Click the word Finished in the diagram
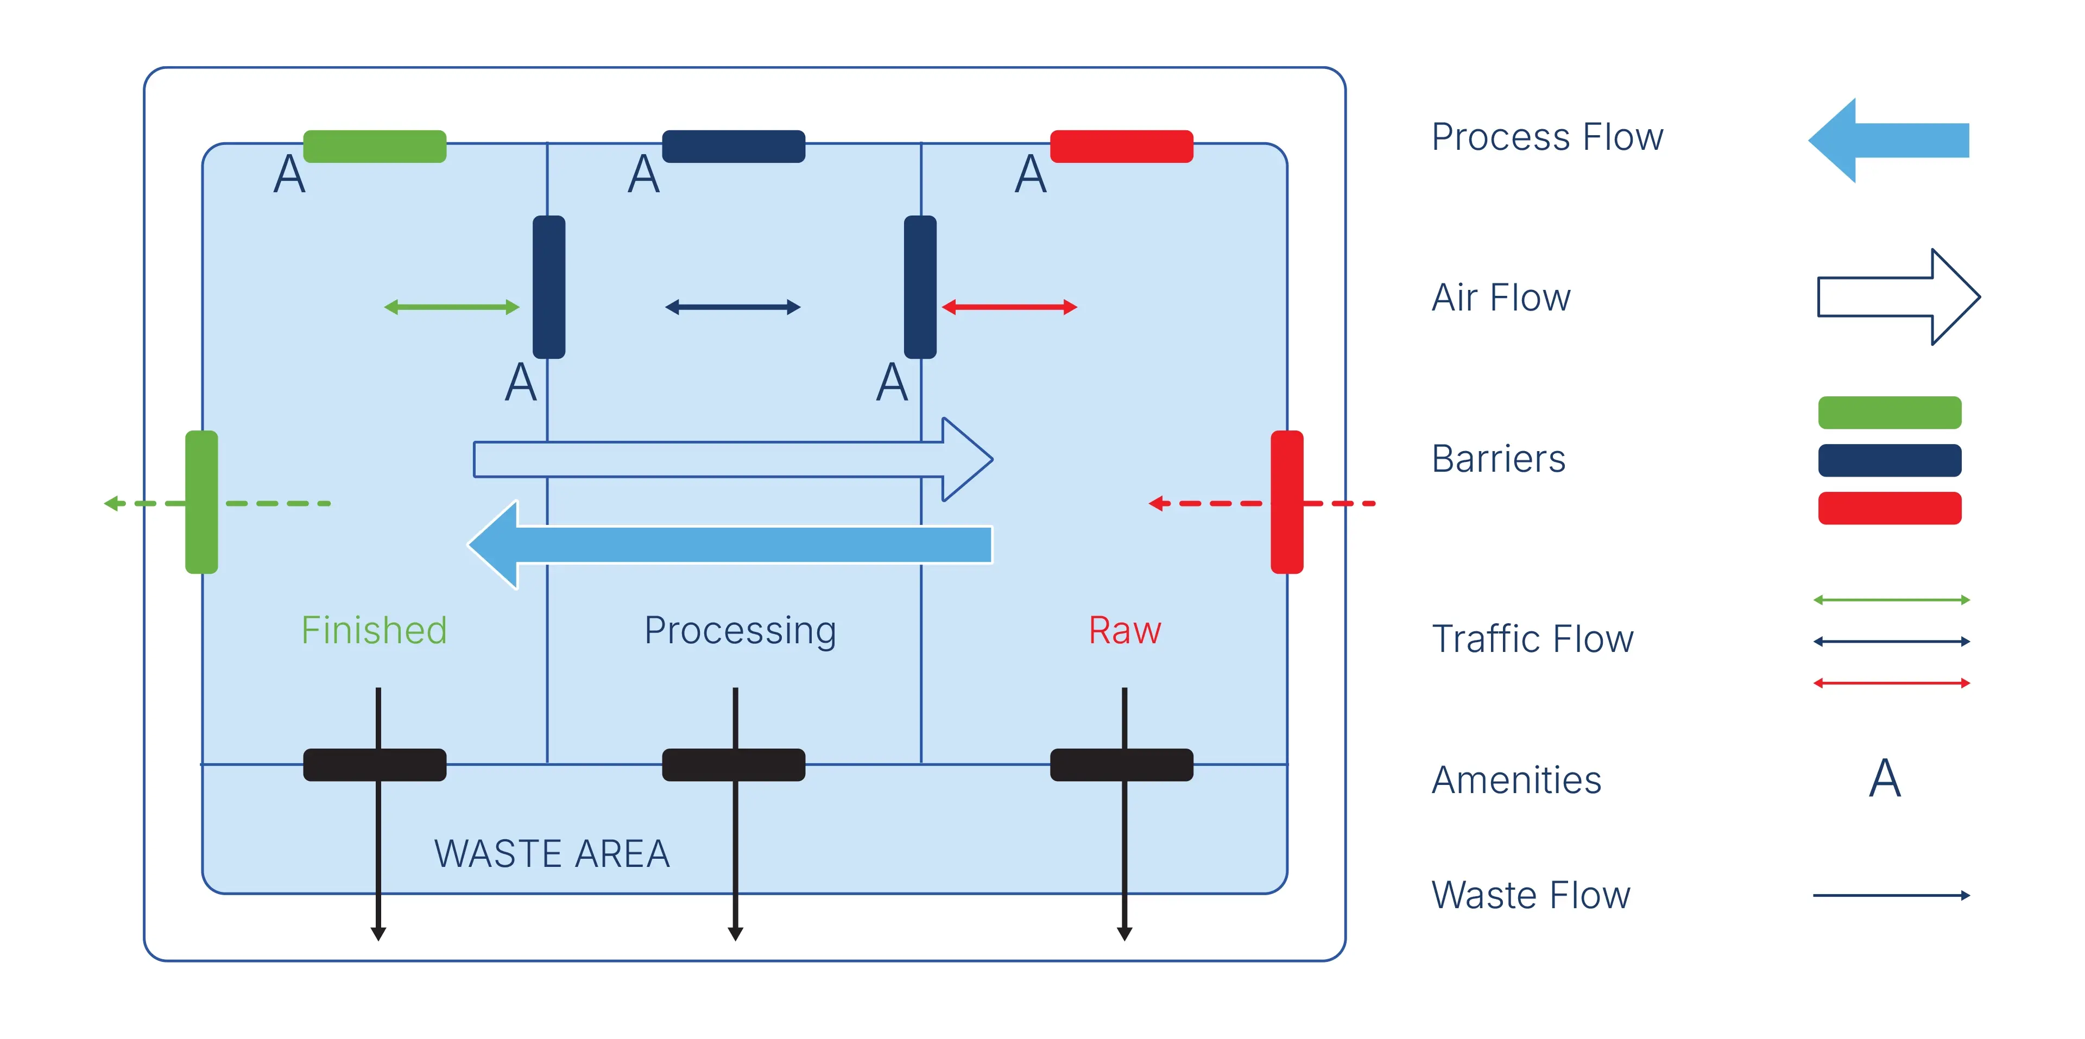pyautogui.click(x=374, y=630)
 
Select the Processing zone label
pyautogui.click(x=740, y=630)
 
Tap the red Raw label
pyautogui.click(x=1124, y=630)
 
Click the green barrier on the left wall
pyautogui.click(x=201, y=502)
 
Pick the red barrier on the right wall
pyautogui.click(x=1287, y=502)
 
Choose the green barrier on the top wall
pyautogui.click(x=375, y=147)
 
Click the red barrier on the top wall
pyautogui.click(x=1121, y=147)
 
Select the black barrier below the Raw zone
pyautogui.click(x=1121, y=765)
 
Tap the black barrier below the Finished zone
pyautogui.click(x=375, y=765)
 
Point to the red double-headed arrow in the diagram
pyautogui.click(x=1009, y=307)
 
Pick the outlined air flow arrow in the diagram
pyautogui.click(x=729, y=459)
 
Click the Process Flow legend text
pyautogui.click(x=1547, y=137)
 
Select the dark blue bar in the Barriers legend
pyautogui.click(x=1889, y=460)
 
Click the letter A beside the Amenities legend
pyautogui.click(x=1884, y=778)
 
